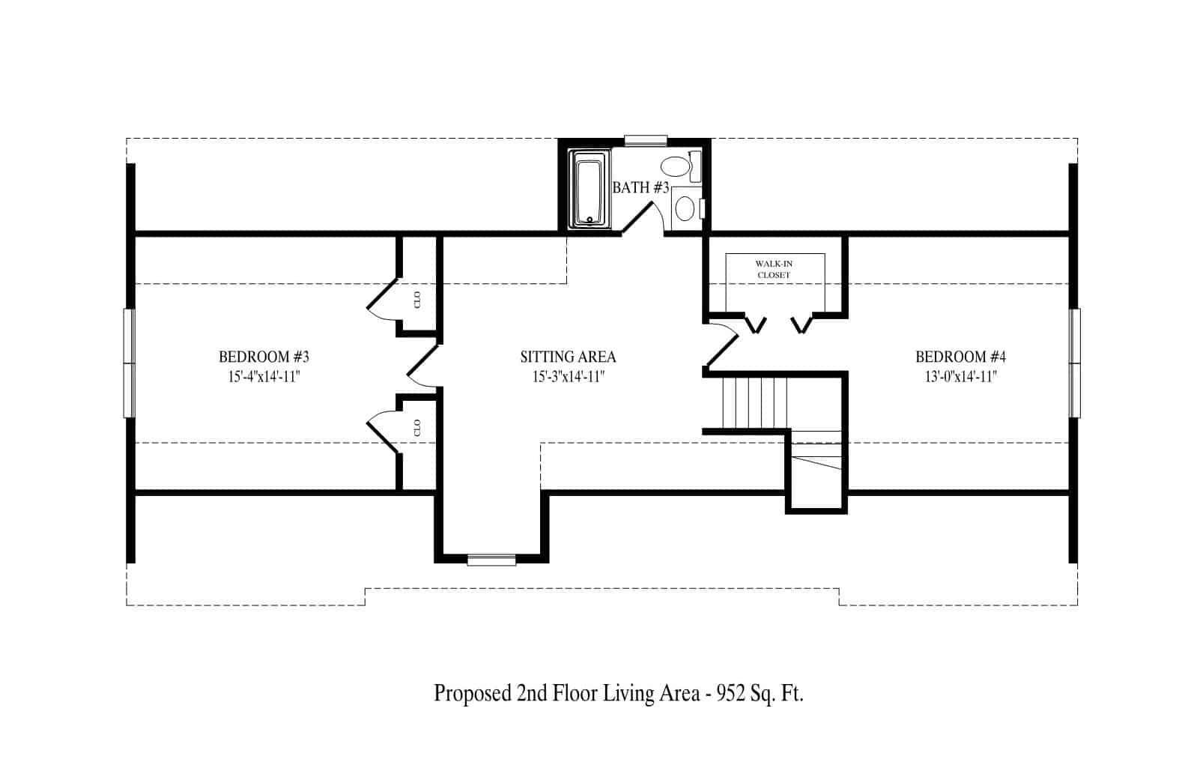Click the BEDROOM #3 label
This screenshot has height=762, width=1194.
pos(264,356)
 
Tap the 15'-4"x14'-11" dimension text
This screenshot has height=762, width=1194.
pos(264,376)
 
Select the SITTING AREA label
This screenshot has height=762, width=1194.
pos(569,356)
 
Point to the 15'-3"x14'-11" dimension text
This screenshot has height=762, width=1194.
pos(569,376)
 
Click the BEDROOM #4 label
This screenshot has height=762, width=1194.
pos(960,356)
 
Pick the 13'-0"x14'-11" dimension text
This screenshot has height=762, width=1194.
pos(960,376)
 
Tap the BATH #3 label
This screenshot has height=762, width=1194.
pos(640,188)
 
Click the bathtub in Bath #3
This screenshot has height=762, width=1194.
pos(590,190)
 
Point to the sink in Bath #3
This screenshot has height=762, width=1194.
pos(685,208)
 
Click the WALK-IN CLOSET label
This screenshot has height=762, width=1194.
pos(774,269)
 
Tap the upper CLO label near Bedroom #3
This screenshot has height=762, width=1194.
pos(417,300)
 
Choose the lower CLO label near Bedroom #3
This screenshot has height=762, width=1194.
pos(417,428)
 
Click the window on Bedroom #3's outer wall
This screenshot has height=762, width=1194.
pos(129,363)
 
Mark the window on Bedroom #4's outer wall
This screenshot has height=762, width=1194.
pos(1075,363)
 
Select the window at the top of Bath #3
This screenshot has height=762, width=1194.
pos(646,141)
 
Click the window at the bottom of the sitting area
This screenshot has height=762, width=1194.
pos(491,560)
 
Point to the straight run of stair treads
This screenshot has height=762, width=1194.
pos(755,402)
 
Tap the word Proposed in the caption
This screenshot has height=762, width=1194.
pos(472,693)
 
